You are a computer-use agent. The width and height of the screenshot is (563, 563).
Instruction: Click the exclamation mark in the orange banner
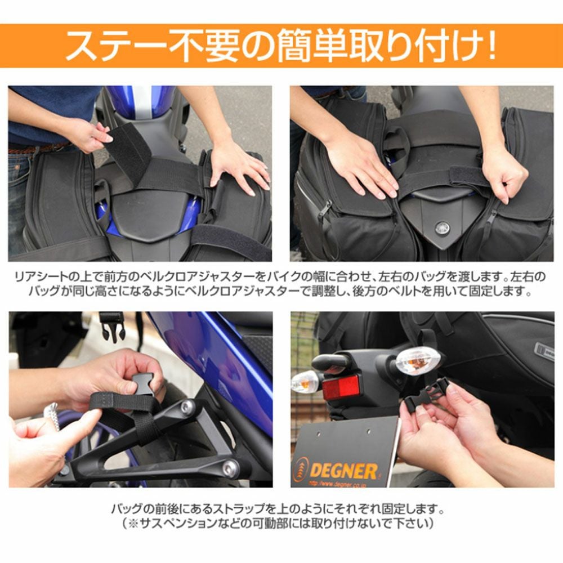point(491,47)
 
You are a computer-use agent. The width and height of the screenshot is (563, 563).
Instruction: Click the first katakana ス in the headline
point(85,47)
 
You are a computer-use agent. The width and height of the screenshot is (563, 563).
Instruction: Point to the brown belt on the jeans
point(39,148)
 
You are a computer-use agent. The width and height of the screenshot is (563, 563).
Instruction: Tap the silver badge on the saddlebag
point(544,348)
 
